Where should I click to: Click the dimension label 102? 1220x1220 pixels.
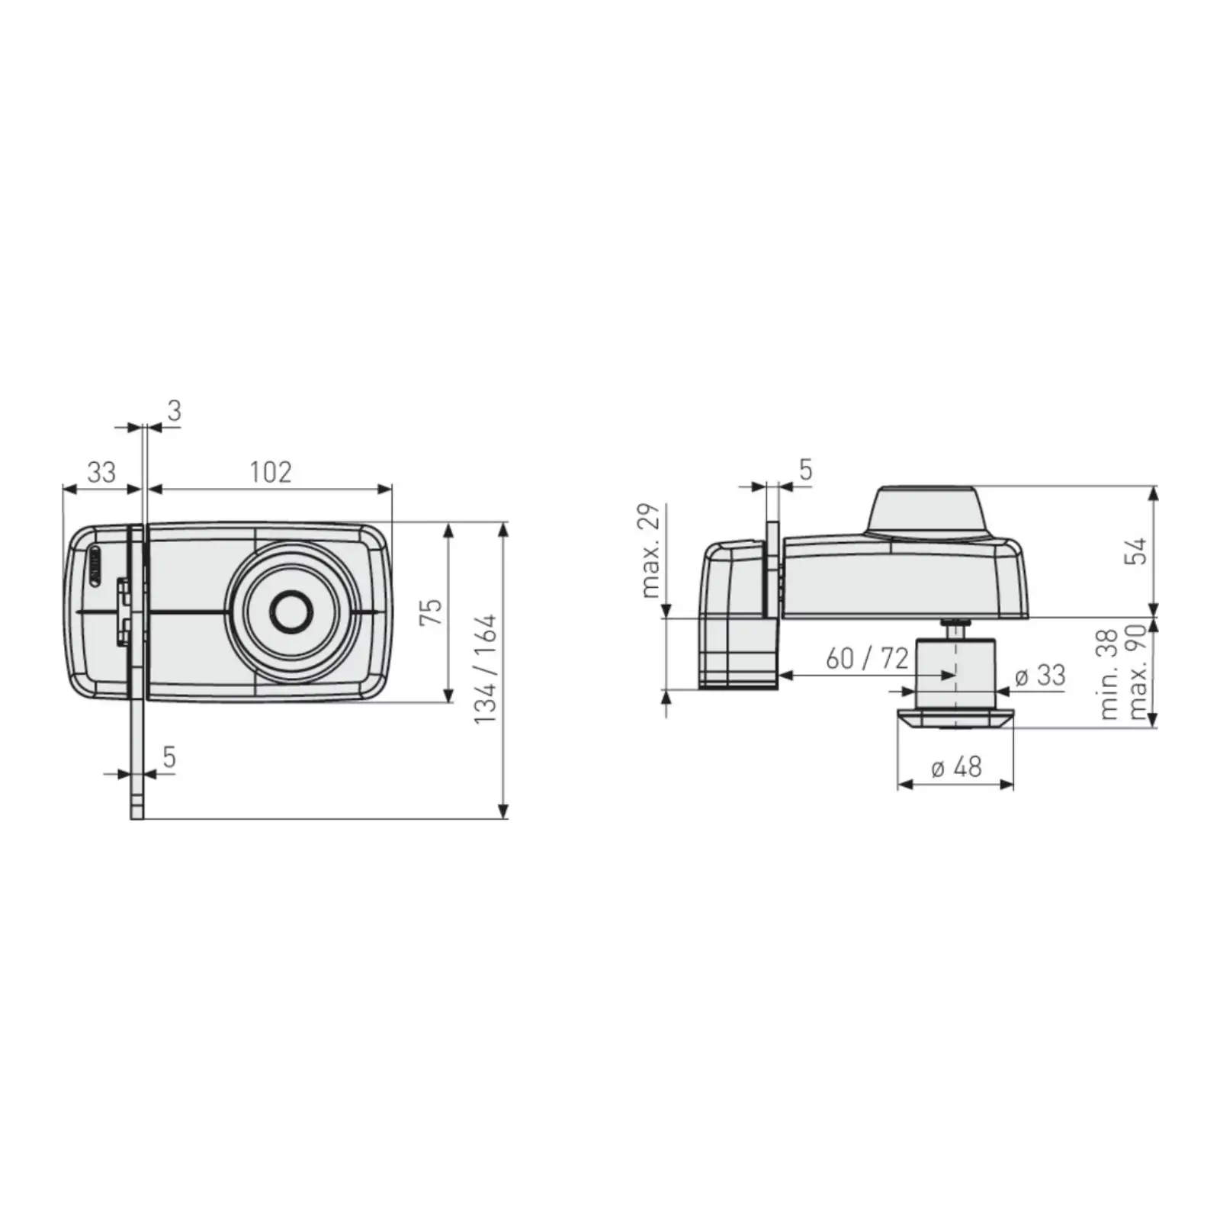[x=271, y=472]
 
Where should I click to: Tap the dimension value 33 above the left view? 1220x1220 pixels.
[x=101, y=472]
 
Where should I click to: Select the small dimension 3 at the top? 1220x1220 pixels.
[x=175, y=411]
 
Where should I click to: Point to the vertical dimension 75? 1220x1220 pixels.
[x=432, y=612]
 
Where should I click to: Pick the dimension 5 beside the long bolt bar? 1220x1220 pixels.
[x=169, y=757]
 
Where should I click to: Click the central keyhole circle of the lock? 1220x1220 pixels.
[x=290, y=612]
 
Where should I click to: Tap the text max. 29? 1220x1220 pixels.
[x=650, y=550]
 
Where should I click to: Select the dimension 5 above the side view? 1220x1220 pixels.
[x=806, y=470]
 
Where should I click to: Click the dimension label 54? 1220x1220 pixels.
[x=1137, y=551]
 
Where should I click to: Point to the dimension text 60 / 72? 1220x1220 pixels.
[x=867, y=658]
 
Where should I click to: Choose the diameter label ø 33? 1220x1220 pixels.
[x=1040, y=676]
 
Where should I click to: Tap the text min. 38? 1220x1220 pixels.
[x=1109, y=674]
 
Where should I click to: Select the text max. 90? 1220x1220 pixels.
[x=1137, y=673]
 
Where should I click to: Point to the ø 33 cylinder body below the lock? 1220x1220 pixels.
[x=956, y=671]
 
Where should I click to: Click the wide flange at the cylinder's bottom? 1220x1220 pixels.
[x=955, y=718]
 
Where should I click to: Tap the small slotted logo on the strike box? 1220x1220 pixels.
[x=95, y=565]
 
